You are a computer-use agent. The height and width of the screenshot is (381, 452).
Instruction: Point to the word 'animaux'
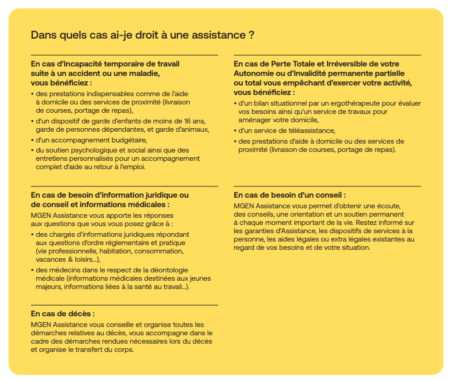pos(195,129)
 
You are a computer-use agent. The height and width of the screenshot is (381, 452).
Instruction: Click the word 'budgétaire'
pos(128,140)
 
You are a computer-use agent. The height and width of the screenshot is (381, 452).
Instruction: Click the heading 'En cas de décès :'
pos(63,313)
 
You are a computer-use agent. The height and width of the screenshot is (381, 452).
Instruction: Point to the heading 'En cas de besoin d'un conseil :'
pos(290,195)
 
